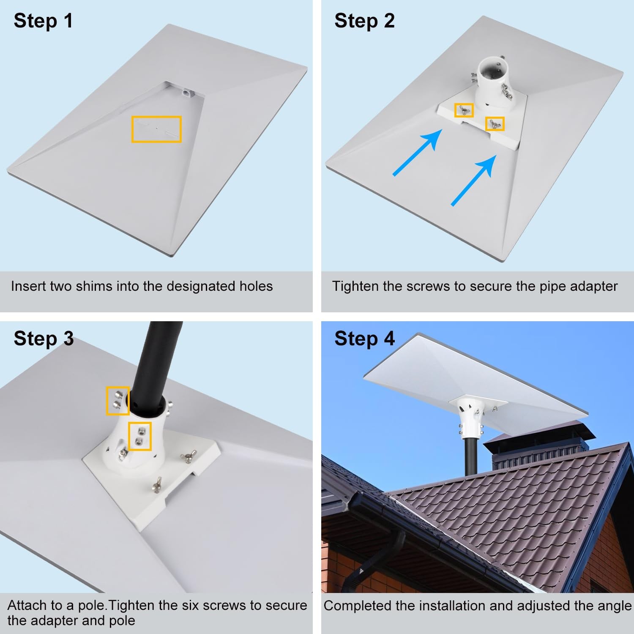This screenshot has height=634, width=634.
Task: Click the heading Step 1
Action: [43, 21]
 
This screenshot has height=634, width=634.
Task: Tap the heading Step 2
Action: [364, 21]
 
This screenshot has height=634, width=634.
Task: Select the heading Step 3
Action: [44, 339]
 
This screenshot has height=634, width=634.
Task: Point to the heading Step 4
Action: [364, 339]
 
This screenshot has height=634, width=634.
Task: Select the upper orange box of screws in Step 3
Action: [118, 401]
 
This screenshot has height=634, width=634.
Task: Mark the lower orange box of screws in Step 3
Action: [140, 436]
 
